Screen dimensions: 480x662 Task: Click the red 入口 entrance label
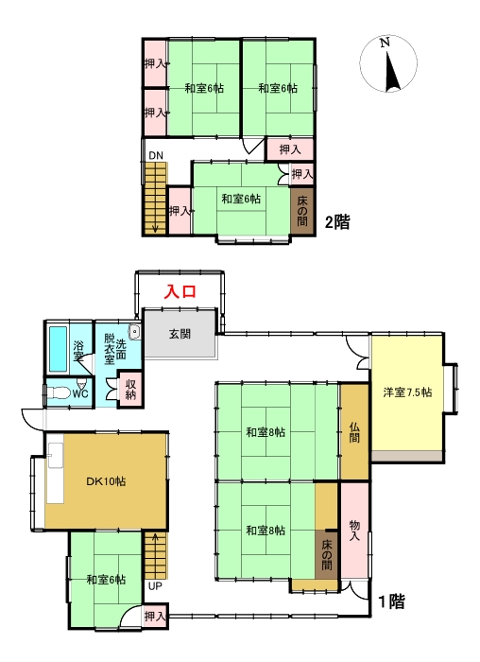coord(180,291)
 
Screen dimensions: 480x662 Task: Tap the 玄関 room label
coord(180,334)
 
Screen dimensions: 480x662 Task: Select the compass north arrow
coord(393,70)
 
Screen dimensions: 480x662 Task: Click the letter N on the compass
coord(384,43)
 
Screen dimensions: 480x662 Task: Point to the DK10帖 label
coord(106,481)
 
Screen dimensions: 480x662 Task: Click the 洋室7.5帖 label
coord(407,392)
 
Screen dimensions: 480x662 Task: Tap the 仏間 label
coord(354,432)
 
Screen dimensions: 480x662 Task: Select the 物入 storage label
coord(354,531)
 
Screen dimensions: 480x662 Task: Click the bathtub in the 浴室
coord(59,349)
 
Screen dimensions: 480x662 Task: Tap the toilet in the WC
coord(59,393)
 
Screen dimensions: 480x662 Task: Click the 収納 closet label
coord(131,390)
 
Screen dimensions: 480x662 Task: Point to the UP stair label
coord(155,586)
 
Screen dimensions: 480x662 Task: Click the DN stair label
coord(156,155)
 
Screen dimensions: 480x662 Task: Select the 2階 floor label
coord(337,221)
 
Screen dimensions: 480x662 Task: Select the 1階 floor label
coord(391,601)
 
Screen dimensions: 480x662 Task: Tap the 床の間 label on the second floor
coord(302,211)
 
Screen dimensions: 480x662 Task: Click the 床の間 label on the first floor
coord(327,554)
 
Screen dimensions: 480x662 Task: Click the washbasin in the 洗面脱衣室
coord(135,332)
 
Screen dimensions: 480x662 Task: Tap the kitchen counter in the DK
coord(55,473)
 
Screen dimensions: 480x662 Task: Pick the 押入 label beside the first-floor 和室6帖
coord(154,616)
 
